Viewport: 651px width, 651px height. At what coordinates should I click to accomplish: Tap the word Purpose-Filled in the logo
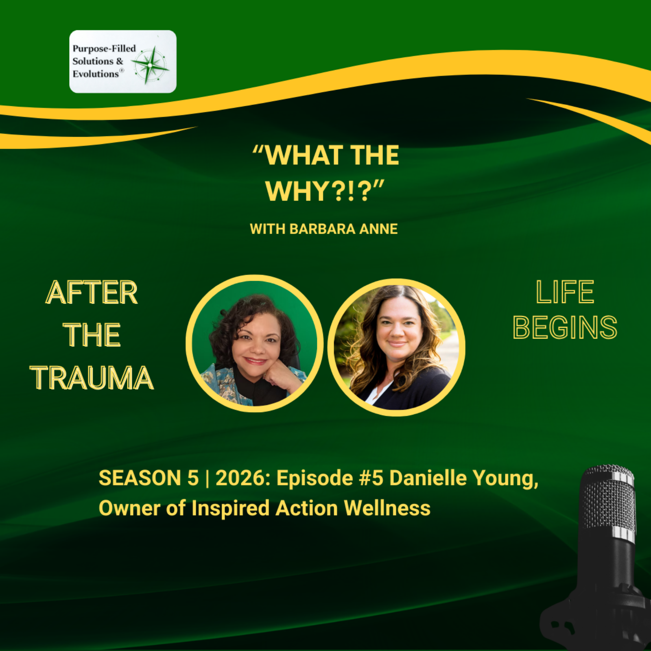point(104,48)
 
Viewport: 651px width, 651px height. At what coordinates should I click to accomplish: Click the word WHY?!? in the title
point(324,191)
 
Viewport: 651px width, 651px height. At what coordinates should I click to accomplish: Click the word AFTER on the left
point(92,293)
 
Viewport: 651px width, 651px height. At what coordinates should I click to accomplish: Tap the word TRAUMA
point(92,378)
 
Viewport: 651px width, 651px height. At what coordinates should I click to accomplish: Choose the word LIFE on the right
point(565,292)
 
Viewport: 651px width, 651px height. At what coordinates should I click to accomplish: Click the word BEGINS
point(565,328)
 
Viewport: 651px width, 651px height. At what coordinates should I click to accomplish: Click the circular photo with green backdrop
point(254,344)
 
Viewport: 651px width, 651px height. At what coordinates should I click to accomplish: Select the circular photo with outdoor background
point(396,347)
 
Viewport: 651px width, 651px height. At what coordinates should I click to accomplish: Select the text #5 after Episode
point(371,478)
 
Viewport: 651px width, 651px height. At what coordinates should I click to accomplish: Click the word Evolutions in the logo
point(96,74)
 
